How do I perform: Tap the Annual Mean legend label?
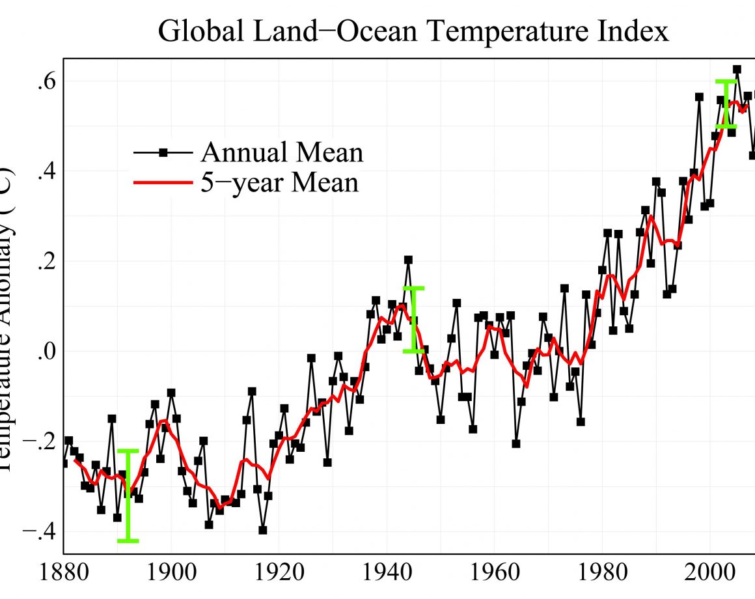(x=282, y=152)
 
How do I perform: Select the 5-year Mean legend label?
(x=279, y=183)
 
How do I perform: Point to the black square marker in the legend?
(x=164, y=152)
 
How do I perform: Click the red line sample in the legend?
(x=163, y=184)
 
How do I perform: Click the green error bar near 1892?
(x=128, y=495)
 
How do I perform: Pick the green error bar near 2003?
(x=726, y=104)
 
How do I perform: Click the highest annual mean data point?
(x=737, y=69)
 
